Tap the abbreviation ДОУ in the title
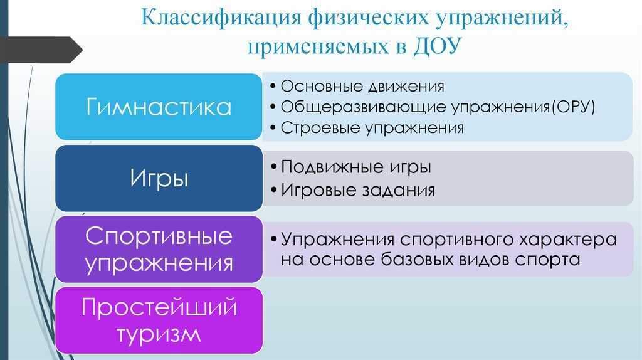pos(437,46)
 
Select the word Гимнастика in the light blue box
pos(159,107)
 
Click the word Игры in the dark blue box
pos(159,179)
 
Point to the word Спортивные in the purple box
pos(159,236)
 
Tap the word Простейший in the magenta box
pos(159,307)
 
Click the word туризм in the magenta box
pos(159,334)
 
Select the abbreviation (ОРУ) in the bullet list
pos(573,107)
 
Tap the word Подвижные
pos(332,167)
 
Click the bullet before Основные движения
pos(273,86)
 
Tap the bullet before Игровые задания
pos(274,191)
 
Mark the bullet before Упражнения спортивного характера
pos(274,239)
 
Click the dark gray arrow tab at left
pos(41,50)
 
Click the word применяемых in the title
pos(318,46)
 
